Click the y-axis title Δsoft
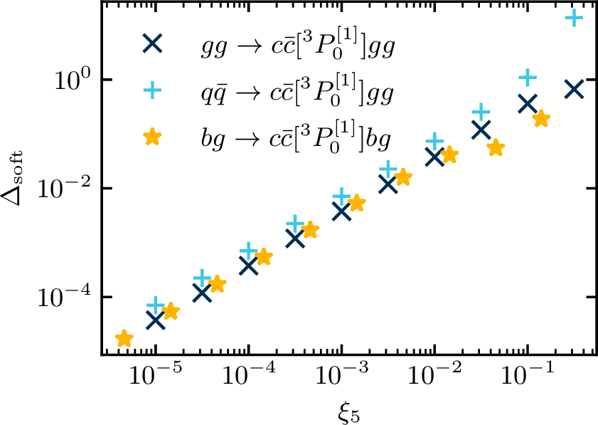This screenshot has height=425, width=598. (12, 178)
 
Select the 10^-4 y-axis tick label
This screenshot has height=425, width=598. (65, 297)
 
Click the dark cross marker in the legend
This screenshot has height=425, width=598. (153, 43)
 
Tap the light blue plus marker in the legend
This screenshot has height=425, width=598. (153, 90)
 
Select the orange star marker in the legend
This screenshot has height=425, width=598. (153, 137)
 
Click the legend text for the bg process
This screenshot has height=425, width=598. (296, 138)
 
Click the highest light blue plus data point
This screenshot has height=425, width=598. (574, 17)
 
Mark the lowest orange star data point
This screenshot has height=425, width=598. (124, 338)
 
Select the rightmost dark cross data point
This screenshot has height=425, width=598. (574, 90)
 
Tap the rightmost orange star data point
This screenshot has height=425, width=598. (542, 119)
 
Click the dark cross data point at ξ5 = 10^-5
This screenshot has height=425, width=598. (155, 320)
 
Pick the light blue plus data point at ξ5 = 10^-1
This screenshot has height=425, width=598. (528, 78)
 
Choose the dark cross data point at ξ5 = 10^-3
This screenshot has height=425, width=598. (341, 211)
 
